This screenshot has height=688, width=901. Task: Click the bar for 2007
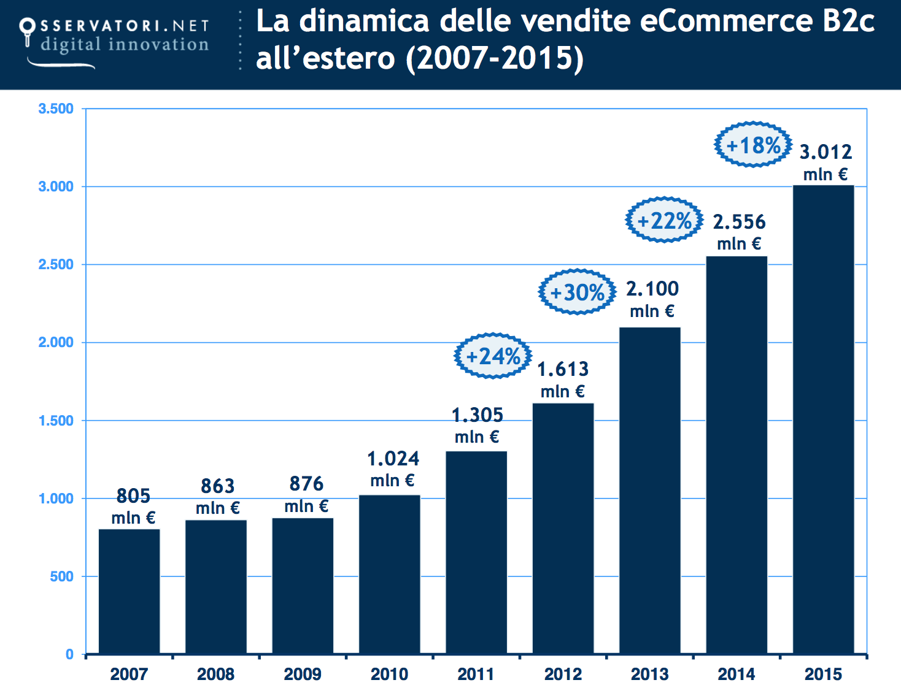tap(129, 592)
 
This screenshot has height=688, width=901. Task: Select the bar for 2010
tap(389, 575)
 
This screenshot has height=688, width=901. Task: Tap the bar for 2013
tap(649, 491)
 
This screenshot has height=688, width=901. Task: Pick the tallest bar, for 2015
tap(823, 419)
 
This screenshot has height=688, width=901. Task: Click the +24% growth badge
tap(493, 356)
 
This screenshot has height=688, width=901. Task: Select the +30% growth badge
tap(577, 292)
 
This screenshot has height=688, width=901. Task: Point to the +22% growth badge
tap(664, 220)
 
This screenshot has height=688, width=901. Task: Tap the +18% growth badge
tap(753, 145)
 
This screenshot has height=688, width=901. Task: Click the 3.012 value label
tap(826, 151)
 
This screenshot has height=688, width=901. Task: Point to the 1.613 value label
tap(563, 369)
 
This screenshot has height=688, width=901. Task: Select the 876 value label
tap(306, 484)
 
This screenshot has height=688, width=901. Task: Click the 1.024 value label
tap(393, 459)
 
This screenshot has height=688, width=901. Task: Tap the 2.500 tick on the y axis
tap(56, 264)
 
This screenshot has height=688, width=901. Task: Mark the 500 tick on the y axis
tap(61, 576)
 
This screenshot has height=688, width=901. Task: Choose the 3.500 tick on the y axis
tap(56, 109)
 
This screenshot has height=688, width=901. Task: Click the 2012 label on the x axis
tap(563, 674)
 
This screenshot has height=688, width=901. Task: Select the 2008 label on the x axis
tap(215, 674)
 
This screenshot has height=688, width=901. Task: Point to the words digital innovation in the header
tap(125, 44)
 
